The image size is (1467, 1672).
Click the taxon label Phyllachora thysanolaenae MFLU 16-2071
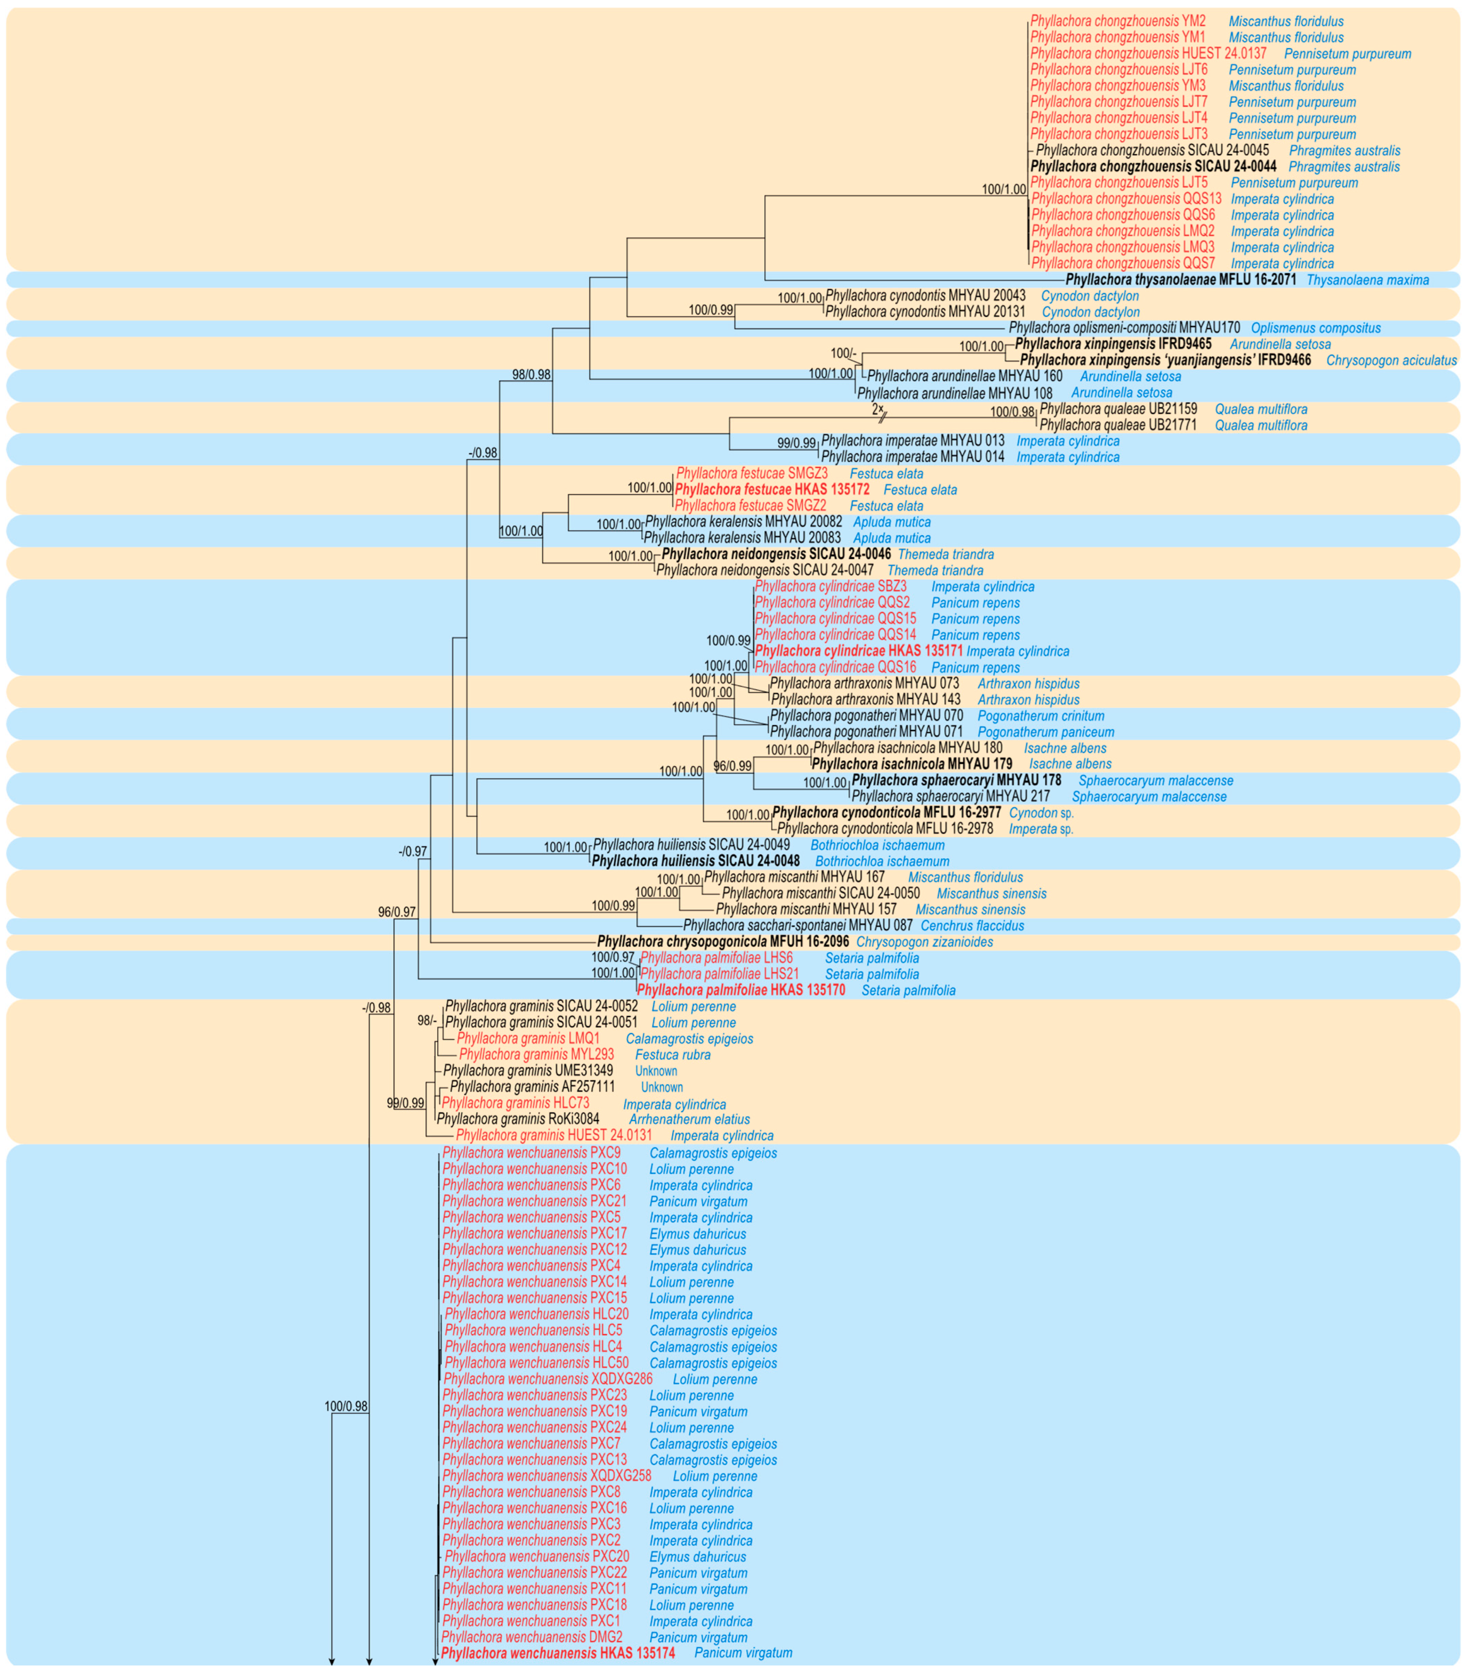(x=1180, y=280)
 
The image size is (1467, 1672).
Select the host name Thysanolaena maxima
(x=1367, y=280)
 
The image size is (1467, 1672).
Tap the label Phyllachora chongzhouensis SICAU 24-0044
(x=1153, y=167)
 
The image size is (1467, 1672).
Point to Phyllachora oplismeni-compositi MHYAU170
(x=1124, y=328)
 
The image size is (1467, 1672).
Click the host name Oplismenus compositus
(x=1316, y=328)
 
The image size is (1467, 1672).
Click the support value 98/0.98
(x=531, y=375)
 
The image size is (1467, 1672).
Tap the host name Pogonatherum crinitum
(x=1041, y=716)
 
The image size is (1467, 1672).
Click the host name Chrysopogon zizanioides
(x=925, y=942)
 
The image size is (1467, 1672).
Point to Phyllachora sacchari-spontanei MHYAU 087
(x=798, y=925)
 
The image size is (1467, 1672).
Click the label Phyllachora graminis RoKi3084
(x=518, y=1119)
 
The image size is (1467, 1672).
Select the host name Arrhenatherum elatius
(x=689, y=1119)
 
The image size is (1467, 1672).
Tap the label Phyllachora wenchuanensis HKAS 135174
(x=558, y=1652)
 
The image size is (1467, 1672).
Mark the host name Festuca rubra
(x=672, y=1055)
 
